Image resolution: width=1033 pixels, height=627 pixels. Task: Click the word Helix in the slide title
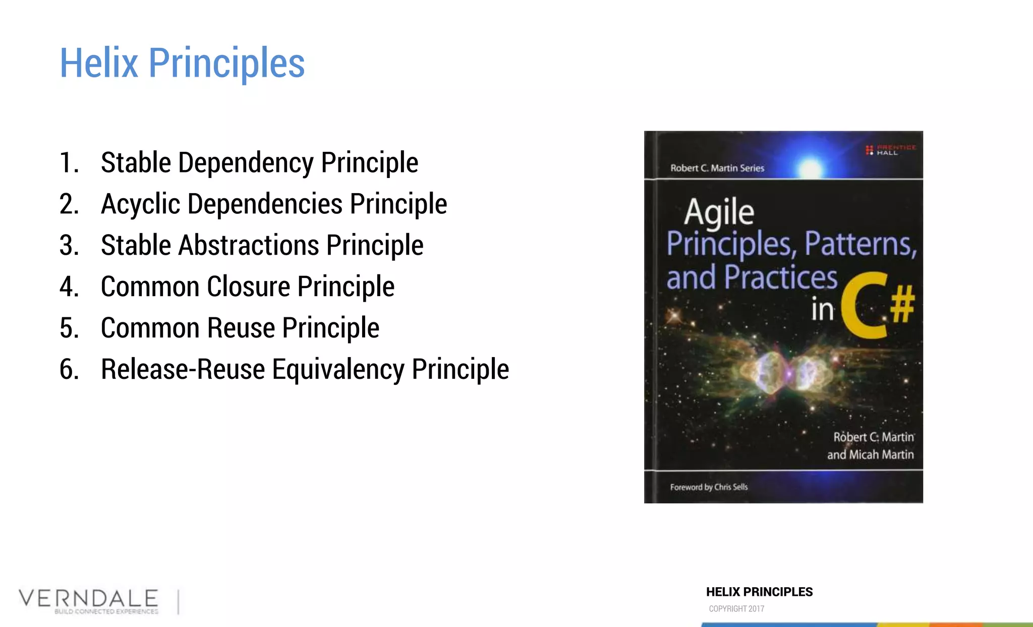click(99, 63)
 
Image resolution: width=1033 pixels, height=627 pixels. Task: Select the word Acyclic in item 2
click(140, 204)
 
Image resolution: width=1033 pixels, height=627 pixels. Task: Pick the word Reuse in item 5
click(241, 328)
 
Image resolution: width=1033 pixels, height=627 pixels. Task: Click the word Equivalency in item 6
click(338, 370)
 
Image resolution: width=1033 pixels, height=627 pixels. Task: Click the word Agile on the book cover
click(719, 211)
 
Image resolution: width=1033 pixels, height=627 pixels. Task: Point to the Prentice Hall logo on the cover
click(890, 150)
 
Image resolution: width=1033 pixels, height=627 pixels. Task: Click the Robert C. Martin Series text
click(717, 168)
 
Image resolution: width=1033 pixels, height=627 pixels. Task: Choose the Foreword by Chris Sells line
click(709, 487)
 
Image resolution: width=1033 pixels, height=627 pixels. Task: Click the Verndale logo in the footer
click(89, 601)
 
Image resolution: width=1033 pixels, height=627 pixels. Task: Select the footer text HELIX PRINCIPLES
click(759, 592)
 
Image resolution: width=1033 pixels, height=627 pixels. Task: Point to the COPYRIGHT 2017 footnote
click(736, 609)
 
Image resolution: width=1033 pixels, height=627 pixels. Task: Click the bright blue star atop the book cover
click(811, 166)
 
